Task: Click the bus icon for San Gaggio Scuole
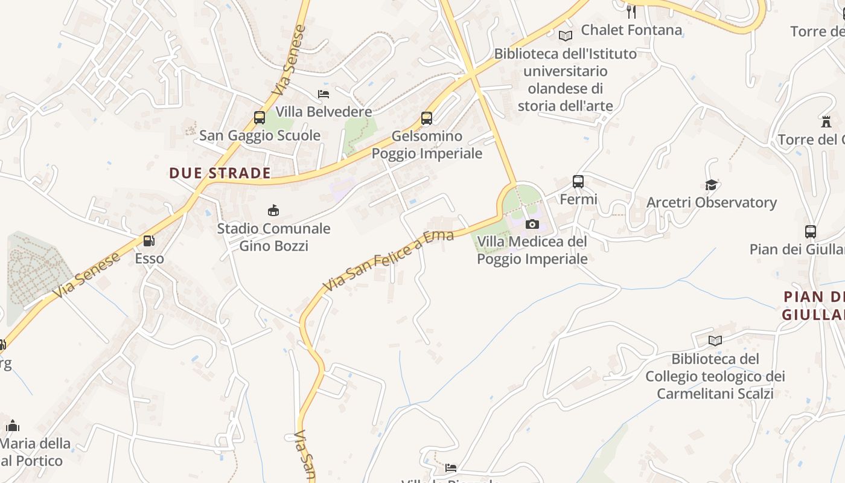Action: [260, 118]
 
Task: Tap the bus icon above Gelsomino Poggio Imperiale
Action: [427, 118]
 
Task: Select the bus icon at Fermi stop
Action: [578, 182]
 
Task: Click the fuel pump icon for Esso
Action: [148, 241]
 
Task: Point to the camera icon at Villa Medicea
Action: [532, 225]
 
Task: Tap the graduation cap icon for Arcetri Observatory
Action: [712, 185]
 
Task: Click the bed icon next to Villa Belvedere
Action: [324, 94]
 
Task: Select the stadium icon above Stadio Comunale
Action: [273, 210]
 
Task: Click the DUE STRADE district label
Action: [220, 173]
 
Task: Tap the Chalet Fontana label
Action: [631, 30]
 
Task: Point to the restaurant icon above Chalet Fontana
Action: [631, 11]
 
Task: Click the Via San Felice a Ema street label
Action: [388, 260]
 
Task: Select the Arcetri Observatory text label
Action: [712, 203]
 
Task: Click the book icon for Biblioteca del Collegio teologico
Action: [715, 341]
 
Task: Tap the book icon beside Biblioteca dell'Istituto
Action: [566, 36]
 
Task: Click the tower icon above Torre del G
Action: [826, 122]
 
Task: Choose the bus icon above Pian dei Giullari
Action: [811, 232]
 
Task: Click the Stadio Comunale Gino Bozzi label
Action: [273, 237]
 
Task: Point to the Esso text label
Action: [149, 259]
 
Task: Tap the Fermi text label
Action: [578, 199]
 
